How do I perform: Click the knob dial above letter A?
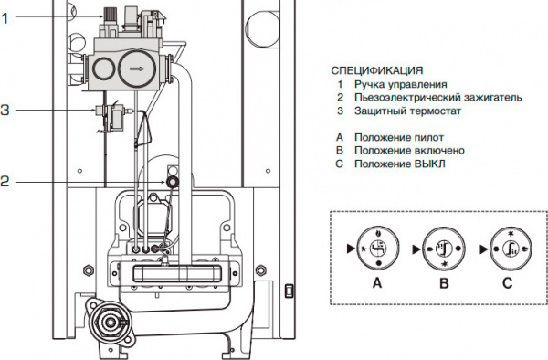pos(378,248)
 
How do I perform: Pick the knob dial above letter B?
pos(441,248)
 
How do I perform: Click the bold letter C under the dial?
pos(506,283)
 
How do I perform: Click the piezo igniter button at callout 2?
pos(171,182)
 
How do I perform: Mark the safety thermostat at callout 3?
pos(108,117)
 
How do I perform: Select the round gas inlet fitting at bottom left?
pos(111,322)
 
